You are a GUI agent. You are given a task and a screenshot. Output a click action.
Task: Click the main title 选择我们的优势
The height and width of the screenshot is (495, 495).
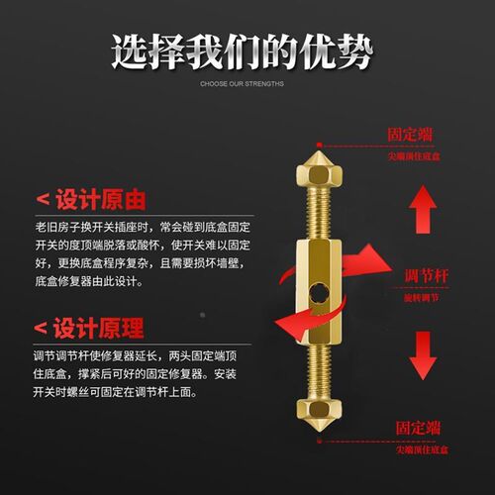243,51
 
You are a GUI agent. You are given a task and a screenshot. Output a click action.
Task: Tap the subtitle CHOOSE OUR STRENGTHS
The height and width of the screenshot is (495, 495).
242,84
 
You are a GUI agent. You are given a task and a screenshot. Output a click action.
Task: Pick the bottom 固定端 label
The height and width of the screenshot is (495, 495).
419,428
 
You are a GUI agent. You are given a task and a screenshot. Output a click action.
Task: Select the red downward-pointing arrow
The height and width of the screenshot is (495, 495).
425,354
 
